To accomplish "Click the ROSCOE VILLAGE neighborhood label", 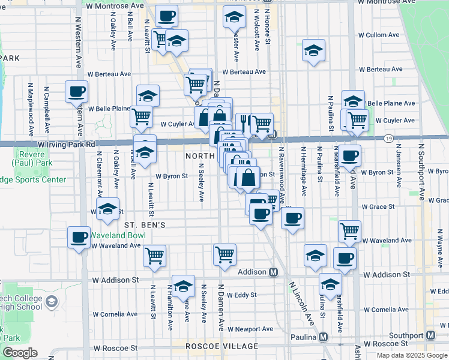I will [214, 346].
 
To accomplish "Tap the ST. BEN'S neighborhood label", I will [145, 224].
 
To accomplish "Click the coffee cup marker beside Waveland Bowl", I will [79, 238].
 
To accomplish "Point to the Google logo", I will [20, 353].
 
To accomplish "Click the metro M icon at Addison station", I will [274, 272].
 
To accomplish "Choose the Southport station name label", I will [406, 335].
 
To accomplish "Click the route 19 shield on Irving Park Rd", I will [389, 139].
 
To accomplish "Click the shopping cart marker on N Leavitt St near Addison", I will [154, 255].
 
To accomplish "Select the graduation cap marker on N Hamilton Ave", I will [183, 285].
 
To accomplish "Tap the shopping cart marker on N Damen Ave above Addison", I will [224, 253].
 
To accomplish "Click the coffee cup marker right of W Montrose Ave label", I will [167, 16].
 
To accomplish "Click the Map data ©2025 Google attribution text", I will [412, 355].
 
